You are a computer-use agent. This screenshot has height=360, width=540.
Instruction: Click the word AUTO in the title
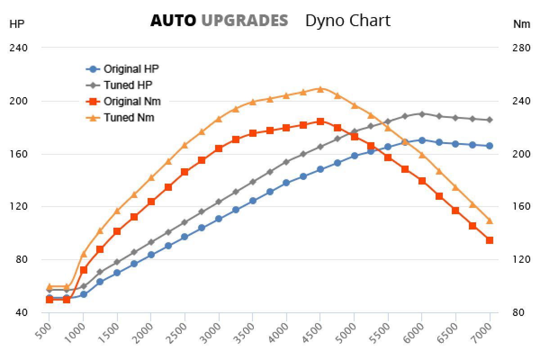173,20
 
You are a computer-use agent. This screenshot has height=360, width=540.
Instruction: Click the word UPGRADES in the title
244,20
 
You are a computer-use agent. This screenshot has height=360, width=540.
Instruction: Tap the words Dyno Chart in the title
347,20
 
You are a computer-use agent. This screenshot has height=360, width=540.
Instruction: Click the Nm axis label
522,24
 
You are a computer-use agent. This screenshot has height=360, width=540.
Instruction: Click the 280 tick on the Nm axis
522,48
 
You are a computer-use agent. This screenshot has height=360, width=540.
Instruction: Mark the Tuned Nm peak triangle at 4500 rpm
320,89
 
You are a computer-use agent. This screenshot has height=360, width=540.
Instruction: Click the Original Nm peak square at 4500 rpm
320,121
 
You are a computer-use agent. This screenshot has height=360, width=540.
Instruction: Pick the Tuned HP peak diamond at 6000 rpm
422,114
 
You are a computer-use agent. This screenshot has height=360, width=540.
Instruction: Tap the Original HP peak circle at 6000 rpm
422,140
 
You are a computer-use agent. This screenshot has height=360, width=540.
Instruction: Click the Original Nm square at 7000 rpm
490,240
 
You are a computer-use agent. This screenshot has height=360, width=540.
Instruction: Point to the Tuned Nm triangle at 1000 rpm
83,254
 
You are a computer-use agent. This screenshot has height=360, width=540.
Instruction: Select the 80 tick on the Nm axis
519,312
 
